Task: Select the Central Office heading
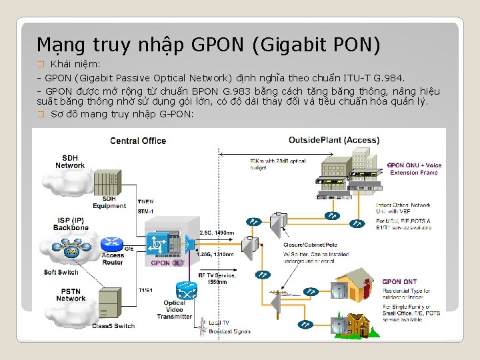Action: click(x=138, y=141)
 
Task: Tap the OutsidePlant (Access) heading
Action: click(x=334, y=141)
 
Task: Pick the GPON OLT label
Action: click(x=167, y=263)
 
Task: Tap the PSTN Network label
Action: click(x=71, y=294)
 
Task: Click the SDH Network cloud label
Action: click(x=70, y=162)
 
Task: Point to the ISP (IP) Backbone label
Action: click(x=71, y=223)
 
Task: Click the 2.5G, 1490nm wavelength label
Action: click(x=217, y=233)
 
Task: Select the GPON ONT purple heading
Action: click(x=401, y=281)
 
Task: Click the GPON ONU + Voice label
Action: click(x=414, y=165)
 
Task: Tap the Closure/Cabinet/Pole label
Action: click(x=312, y=245)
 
